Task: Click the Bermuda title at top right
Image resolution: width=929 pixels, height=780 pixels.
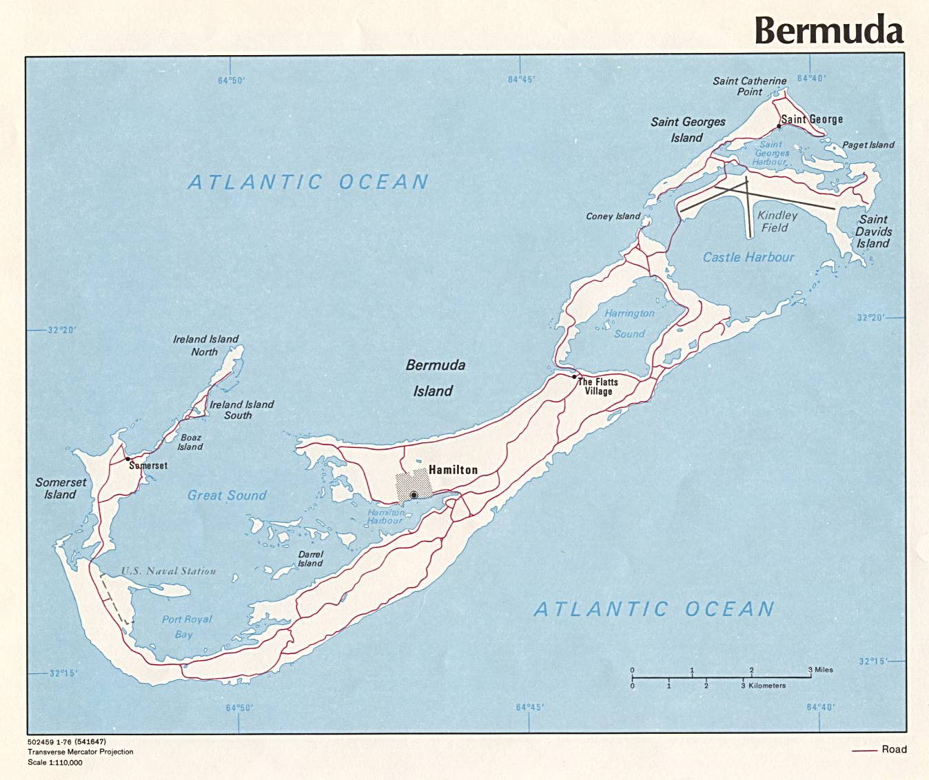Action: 828,30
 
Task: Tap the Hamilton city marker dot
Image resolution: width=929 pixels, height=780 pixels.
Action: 414,495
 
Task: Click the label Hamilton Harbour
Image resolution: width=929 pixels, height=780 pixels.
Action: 385,516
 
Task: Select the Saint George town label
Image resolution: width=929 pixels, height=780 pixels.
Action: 812,119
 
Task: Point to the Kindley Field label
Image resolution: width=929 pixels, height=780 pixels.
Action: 777,221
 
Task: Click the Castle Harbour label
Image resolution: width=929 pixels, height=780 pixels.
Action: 748,257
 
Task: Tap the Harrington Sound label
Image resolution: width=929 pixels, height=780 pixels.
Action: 629,323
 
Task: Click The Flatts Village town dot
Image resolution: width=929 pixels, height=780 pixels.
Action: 574,377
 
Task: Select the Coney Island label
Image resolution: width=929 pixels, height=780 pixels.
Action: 613,216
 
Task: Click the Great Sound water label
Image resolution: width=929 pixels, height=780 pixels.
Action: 227,495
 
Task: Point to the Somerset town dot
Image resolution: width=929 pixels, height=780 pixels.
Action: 128,459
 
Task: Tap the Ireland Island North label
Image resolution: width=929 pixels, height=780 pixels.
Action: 205,345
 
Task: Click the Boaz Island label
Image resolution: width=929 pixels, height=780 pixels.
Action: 190,442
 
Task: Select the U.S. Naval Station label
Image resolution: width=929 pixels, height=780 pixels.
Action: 169,571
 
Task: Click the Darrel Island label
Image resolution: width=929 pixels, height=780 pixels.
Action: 310,559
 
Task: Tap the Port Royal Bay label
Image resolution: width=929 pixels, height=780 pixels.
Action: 186,626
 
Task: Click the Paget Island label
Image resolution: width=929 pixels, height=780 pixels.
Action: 868,145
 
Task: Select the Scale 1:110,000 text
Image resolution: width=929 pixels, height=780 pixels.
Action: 55,762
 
